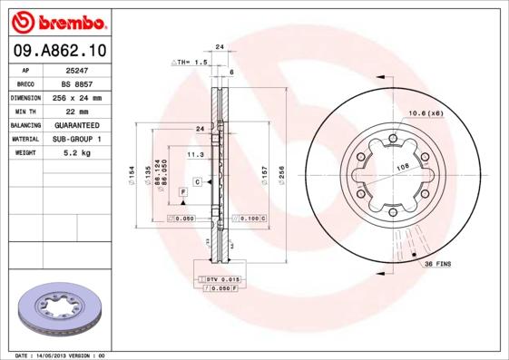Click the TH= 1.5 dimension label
[191, 62]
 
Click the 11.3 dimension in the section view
[194, 155]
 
